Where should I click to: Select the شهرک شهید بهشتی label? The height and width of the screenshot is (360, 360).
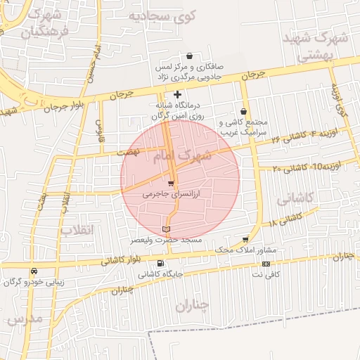tap(315, 46)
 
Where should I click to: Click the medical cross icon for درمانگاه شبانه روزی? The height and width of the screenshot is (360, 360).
tap(177, 94)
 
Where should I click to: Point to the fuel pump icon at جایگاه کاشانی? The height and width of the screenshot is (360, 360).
tap(162, 264)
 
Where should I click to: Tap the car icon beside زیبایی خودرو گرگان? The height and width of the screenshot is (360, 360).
tap(34, 271)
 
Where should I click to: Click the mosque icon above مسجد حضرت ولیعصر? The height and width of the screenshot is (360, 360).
tap(166, 229)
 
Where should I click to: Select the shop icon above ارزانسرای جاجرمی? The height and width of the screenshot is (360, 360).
tap(171, 183)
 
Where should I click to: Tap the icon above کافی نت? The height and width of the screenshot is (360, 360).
tap(265, 264)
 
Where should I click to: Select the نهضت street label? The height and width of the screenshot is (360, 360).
tap(129, 151)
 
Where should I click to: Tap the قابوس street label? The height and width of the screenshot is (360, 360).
tap(99, 129)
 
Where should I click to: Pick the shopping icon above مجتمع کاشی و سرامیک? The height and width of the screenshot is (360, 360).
tap(243, 111)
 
